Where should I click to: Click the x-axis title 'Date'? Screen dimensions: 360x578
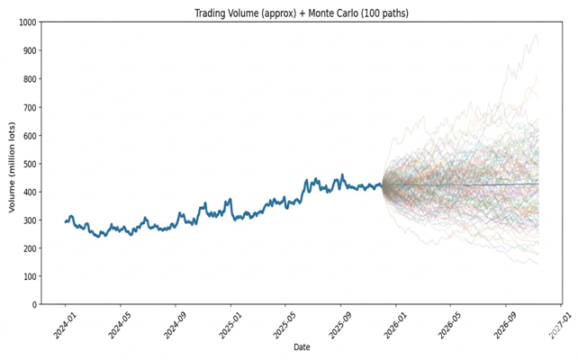(302, 347)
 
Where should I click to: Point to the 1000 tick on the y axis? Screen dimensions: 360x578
(25, 22)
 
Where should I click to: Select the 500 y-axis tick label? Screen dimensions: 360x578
(28, 164)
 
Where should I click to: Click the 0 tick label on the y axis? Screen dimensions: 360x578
(34, 304)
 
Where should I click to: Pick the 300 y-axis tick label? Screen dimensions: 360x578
(28, 220)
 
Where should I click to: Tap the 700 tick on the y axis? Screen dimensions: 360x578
(28, 107)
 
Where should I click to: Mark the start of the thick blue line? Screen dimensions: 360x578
(66, 221)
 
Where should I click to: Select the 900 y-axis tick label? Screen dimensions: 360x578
(28, 51)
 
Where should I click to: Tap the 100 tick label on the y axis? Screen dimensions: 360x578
(28, 276)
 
